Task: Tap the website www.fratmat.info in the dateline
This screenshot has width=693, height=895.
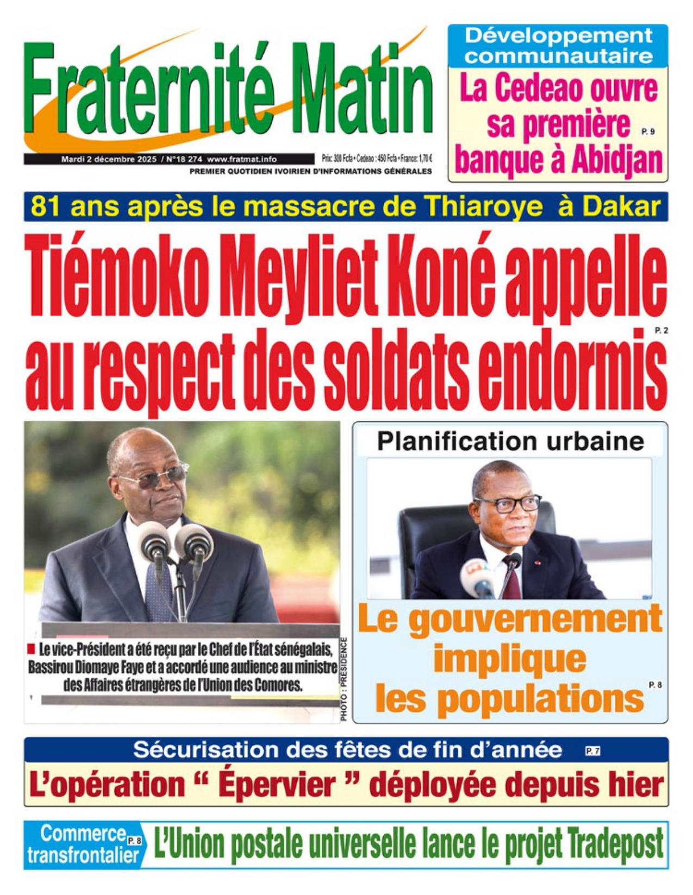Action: pos(242,159)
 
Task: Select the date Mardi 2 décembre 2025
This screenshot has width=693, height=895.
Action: pos(109,159)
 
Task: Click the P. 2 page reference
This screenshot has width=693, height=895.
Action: pos(661,330)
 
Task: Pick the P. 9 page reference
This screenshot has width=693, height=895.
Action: pos(647,131)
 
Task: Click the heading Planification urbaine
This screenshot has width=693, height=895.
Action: pos(510,441)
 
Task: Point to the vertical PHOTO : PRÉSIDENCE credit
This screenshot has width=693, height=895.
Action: pos(344,679)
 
